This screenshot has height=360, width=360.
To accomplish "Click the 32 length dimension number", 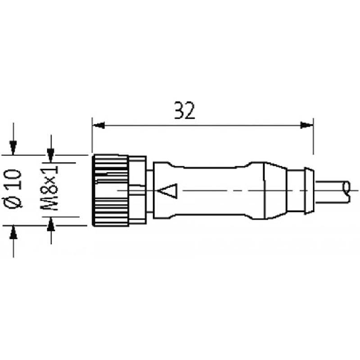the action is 185,110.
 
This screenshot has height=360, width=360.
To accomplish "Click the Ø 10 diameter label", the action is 13,188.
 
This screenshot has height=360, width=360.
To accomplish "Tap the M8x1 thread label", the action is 49,188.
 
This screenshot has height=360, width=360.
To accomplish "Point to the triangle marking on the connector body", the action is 168,191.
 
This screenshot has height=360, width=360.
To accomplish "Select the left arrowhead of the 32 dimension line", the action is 98,125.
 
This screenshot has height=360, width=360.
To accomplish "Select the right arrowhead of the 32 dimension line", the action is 307,125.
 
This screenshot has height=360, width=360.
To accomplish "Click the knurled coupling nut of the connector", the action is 110,190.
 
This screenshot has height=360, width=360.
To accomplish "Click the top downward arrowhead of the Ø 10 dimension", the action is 13,148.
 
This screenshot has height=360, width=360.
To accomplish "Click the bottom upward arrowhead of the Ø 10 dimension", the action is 13,232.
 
